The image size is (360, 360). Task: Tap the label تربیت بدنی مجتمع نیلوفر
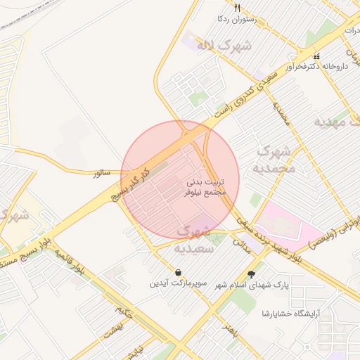pyautogui.click(x=205, y=186)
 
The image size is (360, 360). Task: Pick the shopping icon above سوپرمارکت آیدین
pyautogui.click(x=178, y=272)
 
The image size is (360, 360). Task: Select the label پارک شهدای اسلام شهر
pyautogui.click(x=252, y=285)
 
